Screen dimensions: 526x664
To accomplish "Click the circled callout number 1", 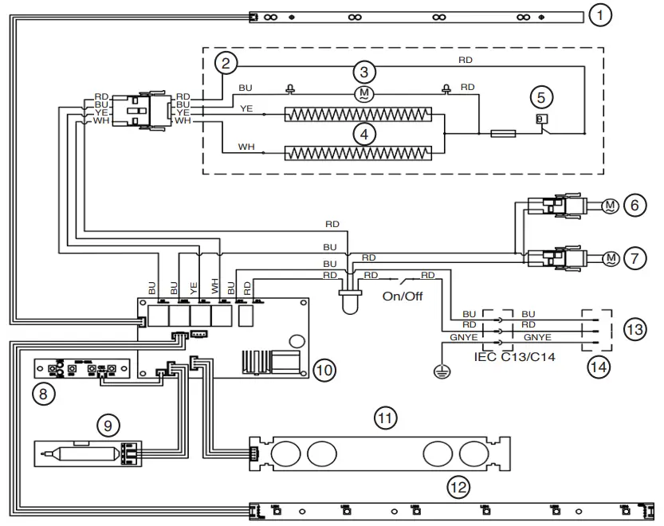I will tap(601, 14).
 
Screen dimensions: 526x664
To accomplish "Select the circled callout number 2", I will tap(226, 63).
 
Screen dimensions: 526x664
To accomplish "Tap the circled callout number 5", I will tap(541, 98).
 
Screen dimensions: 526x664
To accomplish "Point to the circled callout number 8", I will tap(42, 392).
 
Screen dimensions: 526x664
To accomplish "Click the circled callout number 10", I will tap(324, 370).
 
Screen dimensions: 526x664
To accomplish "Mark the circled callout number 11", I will tap(386, 417).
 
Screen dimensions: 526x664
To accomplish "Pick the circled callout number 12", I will tap(458, 486).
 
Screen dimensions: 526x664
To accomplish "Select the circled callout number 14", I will tap(597, 367).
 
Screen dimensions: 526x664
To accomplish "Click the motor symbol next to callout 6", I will tap(609, 206).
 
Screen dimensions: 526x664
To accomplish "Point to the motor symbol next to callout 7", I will tap(610, 257).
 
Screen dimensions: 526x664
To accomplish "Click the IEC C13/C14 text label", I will tap(516, 358).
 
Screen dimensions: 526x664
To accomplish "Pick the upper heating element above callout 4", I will tap(359, 115).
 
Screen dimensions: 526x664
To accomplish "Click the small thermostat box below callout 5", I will tap(540, 119).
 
